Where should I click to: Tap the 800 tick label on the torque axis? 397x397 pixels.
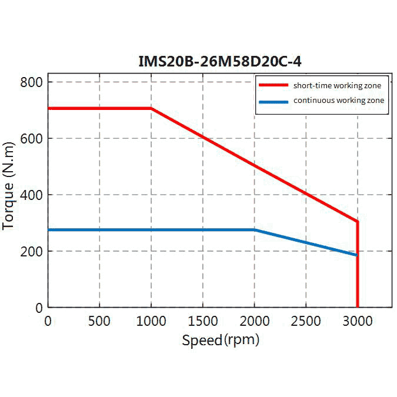(32, 82)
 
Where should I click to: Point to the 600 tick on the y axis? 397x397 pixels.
(32, 138)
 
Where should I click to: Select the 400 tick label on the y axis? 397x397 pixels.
(32, 195)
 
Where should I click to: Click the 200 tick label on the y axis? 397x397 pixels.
(32, 251)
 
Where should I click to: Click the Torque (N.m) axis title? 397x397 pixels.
(9, 185)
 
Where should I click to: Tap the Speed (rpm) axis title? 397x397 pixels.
(220, 340)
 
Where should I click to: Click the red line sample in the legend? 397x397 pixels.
(273, 86)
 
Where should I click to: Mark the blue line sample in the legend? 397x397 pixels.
(273, 101)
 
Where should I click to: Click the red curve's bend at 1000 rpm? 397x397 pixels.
(151, 108)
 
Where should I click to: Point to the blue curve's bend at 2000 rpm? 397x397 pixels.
(255, 230)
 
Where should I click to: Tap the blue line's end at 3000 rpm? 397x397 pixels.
(356, 255)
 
